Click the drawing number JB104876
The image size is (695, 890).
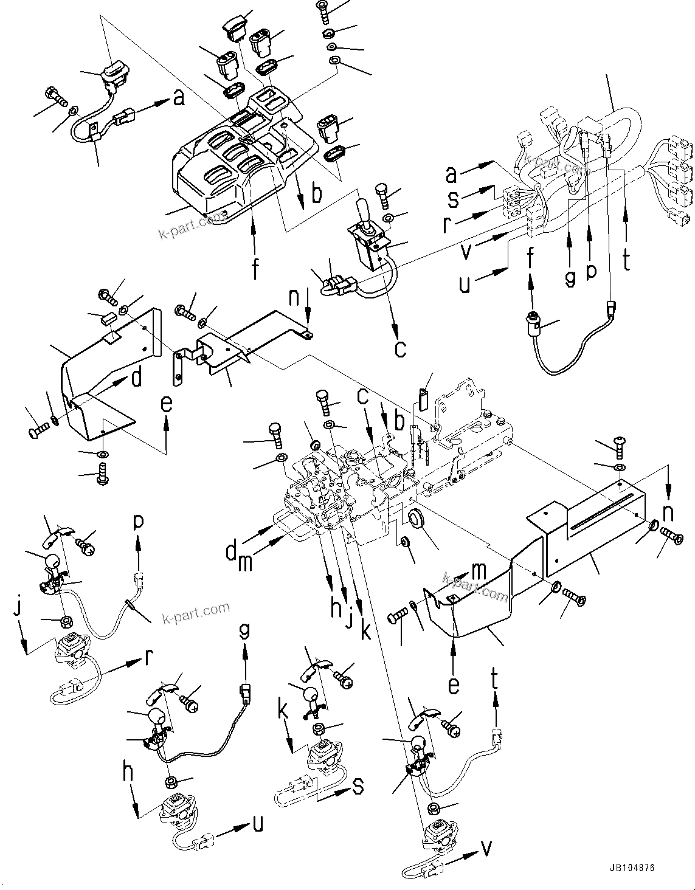click(x=630, y=869)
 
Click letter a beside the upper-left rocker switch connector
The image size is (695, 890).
click(x=178, y=97)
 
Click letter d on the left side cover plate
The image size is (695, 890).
click(x=136, y=378)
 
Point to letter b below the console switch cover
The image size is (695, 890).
click(x=316, y=195)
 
